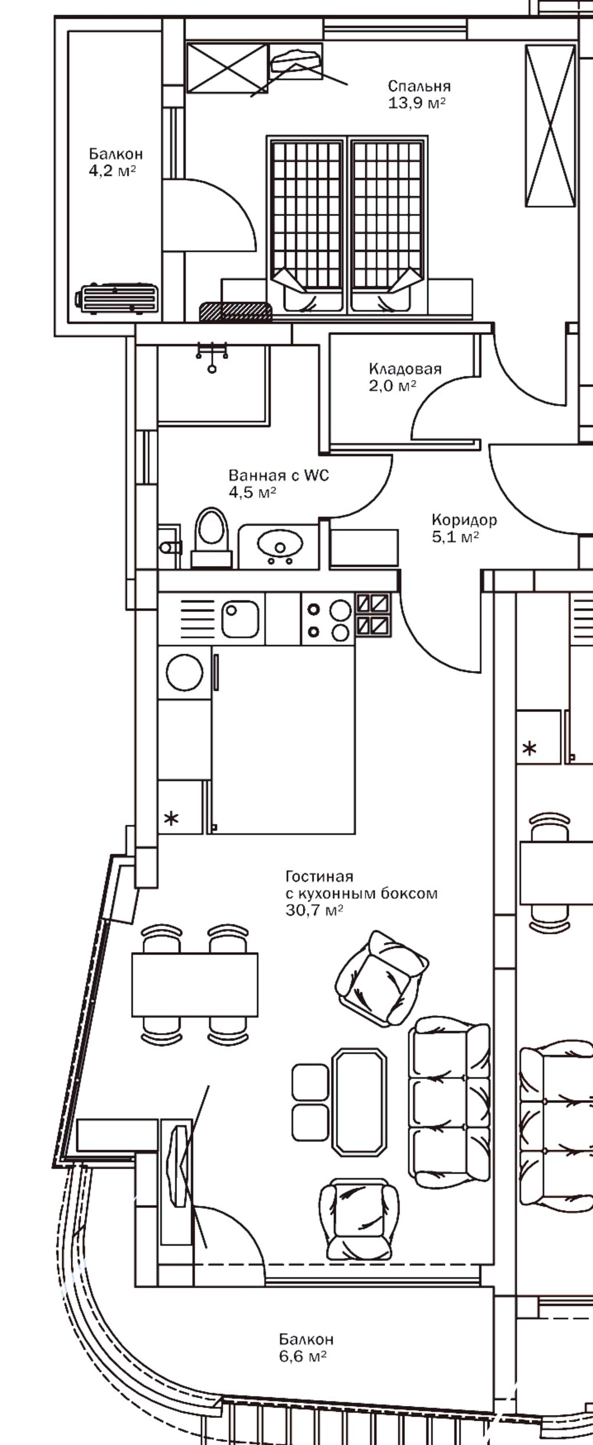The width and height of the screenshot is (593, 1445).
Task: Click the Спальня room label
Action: (x=419, y=86)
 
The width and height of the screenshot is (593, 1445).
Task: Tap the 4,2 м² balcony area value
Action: (x=112, y=171)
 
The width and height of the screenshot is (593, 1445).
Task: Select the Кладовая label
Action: (x=405, y=368)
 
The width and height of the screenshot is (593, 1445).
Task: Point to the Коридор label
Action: (x=464, y=520)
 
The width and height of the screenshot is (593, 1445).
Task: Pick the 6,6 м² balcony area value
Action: (x=303, y=1356)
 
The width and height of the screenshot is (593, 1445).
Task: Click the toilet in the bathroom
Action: (x=211, y=536)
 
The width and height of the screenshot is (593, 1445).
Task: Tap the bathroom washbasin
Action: (x=280, y=544)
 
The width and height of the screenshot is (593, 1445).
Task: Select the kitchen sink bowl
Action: (x=240, y=619)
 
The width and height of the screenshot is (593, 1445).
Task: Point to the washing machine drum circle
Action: (x=184, y=672)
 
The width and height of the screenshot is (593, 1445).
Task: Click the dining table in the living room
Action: (x=195, y=984)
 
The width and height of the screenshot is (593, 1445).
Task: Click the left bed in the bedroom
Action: (x=306, y=224)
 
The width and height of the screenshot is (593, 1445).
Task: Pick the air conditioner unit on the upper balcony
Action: (x=117, y=298)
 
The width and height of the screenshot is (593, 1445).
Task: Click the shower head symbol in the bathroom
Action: (x=212, y=356)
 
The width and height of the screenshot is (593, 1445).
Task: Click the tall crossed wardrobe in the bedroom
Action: (x=550, y=126)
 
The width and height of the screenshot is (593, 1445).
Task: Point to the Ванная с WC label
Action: (x=279, y=476)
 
